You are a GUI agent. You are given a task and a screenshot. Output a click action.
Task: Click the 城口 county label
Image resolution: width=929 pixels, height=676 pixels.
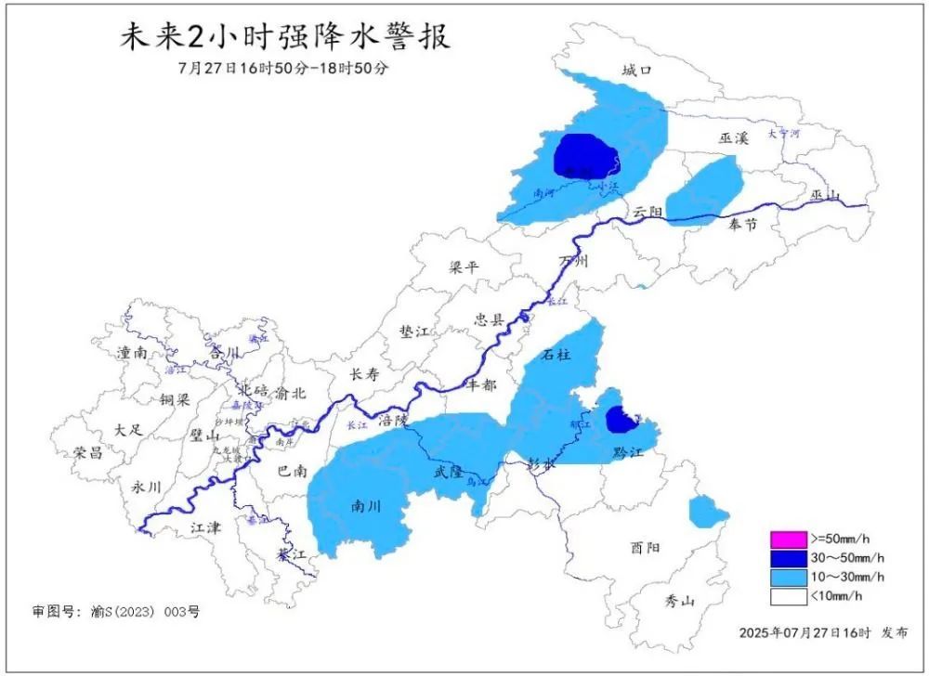[637, 71]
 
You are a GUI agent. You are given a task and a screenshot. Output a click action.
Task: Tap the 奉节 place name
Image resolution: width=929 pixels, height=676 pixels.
[743, 225]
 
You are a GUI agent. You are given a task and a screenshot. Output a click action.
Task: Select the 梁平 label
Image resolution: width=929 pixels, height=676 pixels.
[463, 267]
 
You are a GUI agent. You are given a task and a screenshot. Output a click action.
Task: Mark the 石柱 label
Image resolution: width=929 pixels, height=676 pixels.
[556, 354]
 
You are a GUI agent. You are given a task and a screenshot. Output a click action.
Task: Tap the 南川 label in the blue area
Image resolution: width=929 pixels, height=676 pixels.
[365, 507]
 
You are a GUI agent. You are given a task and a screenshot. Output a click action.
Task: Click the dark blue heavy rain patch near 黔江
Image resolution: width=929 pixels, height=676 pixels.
[621, 420]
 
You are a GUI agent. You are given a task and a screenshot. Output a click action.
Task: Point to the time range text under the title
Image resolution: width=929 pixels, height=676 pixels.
[282, 70]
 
